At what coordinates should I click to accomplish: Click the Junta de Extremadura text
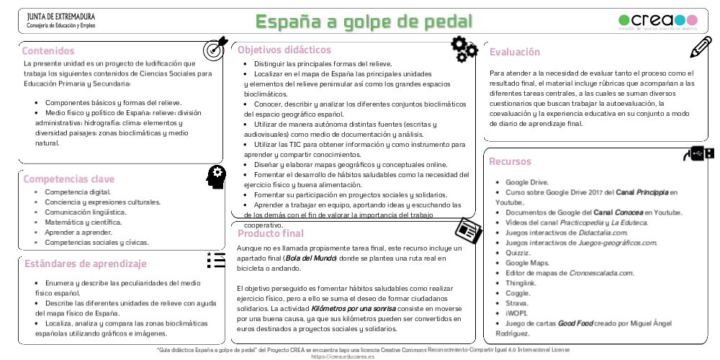[60, 17]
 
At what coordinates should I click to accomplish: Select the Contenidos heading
[48, 51]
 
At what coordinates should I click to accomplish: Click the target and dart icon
[215, 48]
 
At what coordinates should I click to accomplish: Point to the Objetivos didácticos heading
[284, 50]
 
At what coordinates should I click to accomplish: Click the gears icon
[464, 48]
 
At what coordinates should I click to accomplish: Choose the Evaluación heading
[514, 52]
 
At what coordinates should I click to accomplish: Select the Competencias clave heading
[69, 179]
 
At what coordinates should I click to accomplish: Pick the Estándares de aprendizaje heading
[85, 264]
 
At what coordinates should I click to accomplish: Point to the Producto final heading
[271, 233]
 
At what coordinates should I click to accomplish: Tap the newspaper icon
[468, 230]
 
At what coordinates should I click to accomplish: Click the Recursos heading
[510, 161]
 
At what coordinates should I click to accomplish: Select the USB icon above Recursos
[698, 153]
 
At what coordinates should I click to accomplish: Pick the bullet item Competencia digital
[78, 192]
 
